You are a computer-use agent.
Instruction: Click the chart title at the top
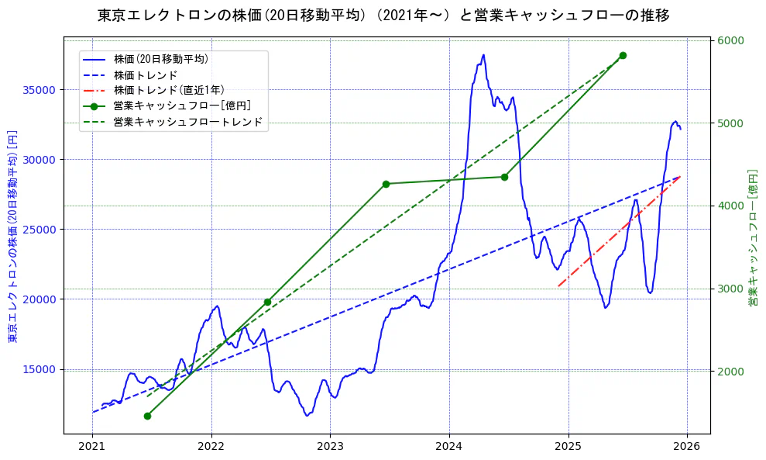click(383, 16)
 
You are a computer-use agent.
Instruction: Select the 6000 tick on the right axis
click(731, 40)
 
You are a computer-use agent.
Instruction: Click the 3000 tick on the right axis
click(731, 289)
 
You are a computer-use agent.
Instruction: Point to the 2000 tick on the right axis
click(731, 372)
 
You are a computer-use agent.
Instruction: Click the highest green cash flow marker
click(623, 56)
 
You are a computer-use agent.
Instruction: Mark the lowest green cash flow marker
click(147, 416)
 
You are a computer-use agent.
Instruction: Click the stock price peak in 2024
click(483, 55)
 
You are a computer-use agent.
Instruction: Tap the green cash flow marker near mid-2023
click(386, 184)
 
